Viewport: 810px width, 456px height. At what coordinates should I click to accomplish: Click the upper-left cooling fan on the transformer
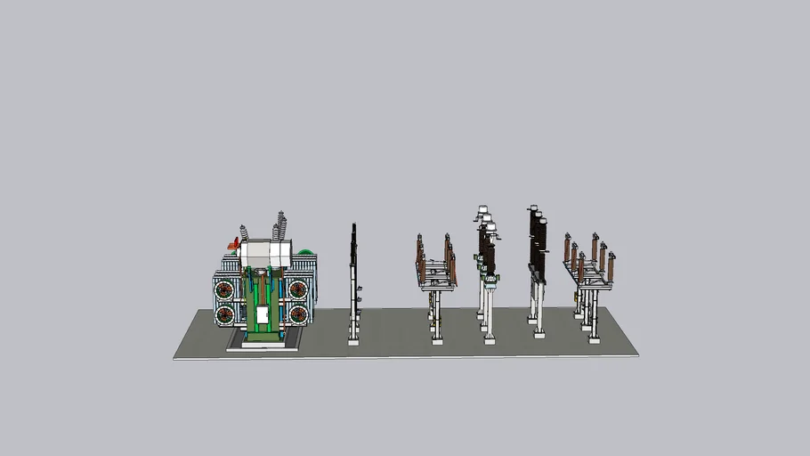(225, 289)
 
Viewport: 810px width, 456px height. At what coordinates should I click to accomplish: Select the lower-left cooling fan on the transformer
(225, 313)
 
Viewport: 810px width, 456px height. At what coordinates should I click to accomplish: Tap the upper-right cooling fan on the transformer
(297, 289)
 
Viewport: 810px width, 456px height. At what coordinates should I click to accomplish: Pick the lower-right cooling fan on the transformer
(297, 313)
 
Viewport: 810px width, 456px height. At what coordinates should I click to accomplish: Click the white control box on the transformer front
(263, 314)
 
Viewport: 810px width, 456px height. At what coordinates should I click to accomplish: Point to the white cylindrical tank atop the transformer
(265, 254)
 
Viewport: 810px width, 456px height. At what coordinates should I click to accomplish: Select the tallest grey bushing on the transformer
(282, 226)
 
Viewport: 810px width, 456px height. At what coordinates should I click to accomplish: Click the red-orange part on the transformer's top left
(236, 241)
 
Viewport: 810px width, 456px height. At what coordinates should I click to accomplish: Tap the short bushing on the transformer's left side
(244, 233)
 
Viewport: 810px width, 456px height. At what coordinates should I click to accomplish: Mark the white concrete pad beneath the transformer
(256, 346)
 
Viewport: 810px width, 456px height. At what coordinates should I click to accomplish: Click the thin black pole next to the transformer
(353, 267)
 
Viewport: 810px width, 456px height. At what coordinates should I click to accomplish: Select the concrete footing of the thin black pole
(353, 339)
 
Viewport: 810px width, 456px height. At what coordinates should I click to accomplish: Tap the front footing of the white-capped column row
(489, 338)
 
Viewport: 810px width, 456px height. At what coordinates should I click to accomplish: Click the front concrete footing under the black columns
(540, 334)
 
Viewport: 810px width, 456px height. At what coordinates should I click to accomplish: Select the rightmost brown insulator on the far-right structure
(612, 265)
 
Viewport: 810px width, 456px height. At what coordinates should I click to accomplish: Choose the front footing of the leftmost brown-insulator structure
(437, 339)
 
